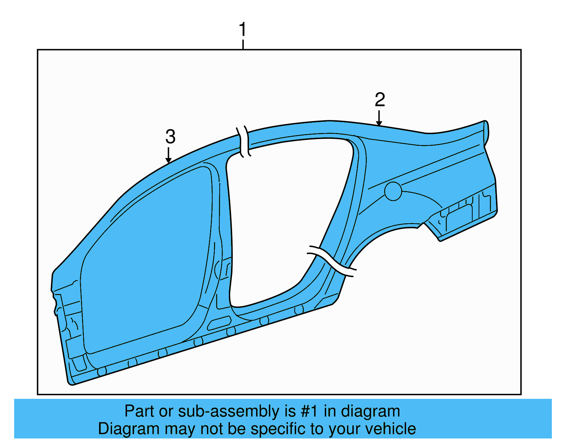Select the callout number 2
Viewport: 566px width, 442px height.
click(380, 100)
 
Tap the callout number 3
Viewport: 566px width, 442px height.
click(170, 137)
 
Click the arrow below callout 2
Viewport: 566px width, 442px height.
click(379, 119)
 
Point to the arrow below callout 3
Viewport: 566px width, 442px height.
click(169, 155)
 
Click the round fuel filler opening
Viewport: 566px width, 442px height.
click(393, 191)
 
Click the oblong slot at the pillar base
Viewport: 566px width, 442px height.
click(219, 323)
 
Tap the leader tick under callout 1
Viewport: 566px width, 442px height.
click(243, 45)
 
